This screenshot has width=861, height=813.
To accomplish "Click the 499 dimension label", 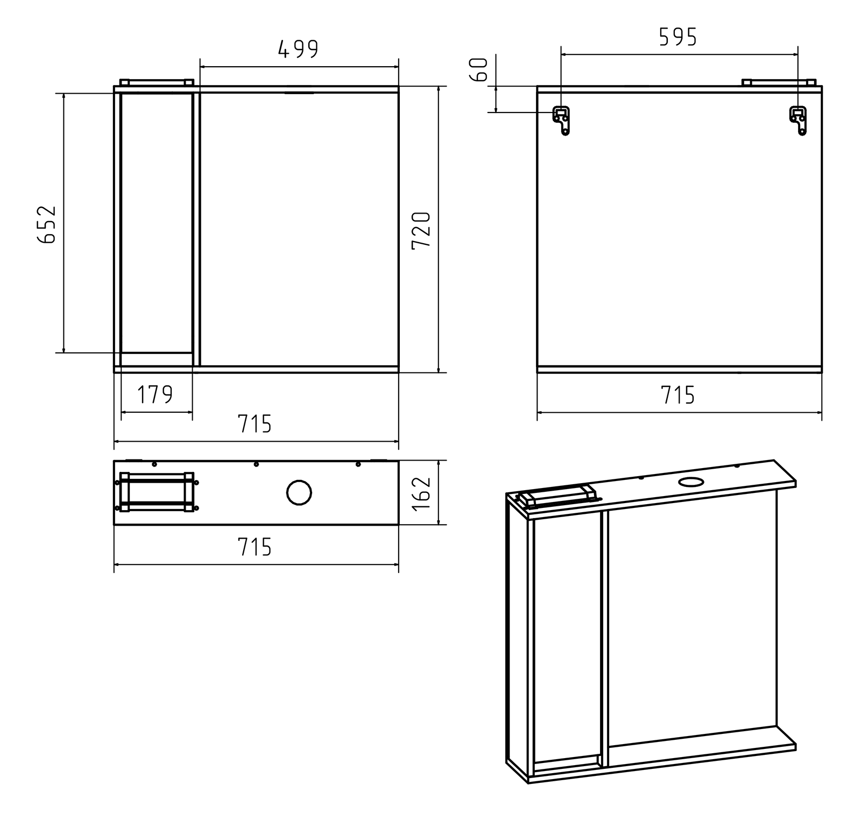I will [x=299, y=49].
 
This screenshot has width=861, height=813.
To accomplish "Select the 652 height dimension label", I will [x=47, y=224].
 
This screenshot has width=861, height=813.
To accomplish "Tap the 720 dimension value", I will [x=421, y=230].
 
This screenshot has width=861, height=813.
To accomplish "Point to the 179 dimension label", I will [x=156, y=395].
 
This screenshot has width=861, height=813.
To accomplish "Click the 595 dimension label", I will [x=678, y=37].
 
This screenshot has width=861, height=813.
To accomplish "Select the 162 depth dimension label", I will [x=421, y=493].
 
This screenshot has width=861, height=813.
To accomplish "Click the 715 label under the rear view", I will [x=678, y=395].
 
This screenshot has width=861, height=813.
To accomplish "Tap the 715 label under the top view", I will [x=255, y=547].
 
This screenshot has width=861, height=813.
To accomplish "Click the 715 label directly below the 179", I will [x=255, y=424].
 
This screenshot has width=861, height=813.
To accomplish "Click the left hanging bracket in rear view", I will [x=562, y=120].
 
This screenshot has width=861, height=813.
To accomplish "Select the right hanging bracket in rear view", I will [x=798, y=120].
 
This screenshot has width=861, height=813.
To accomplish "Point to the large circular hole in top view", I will [x=299, y=492].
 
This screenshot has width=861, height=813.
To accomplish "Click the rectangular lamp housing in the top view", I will [x=157, y=492].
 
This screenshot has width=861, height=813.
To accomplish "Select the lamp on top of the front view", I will [x=156, y=82].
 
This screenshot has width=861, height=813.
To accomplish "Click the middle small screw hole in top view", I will [x=256, y=464].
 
